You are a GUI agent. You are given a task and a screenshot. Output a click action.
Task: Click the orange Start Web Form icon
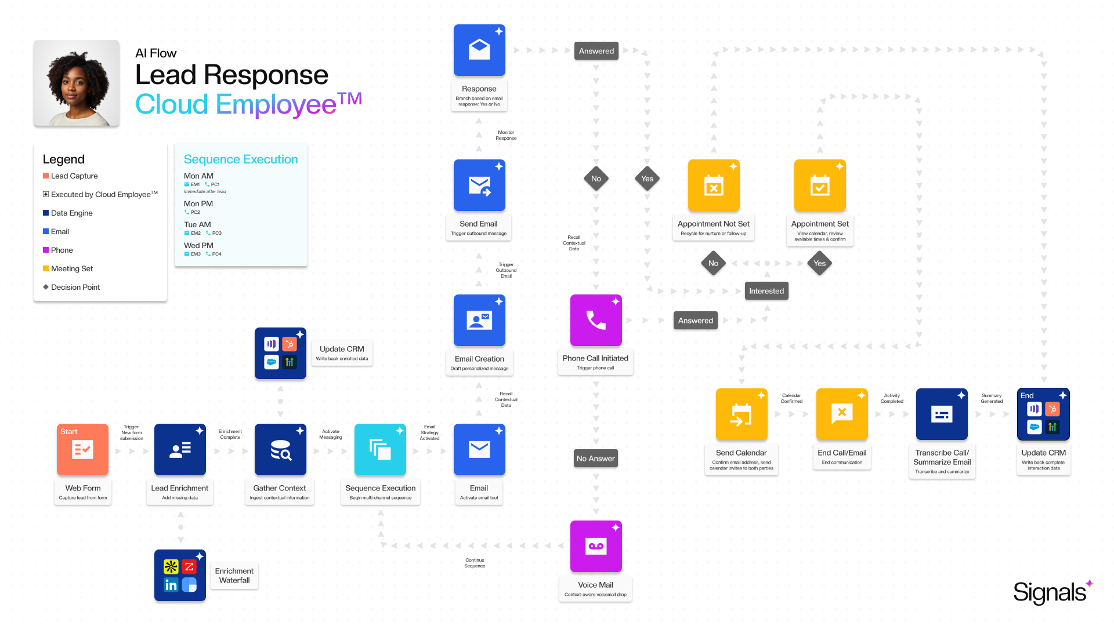(x=82, y=449)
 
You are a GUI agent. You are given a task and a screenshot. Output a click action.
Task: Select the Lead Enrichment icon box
(x=180, y=449)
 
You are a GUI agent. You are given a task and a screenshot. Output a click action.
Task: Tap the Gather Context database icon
(x=280, y=449)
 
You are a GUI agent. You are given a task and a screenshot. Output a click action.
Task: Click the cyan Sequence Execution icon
(x=380, y=449)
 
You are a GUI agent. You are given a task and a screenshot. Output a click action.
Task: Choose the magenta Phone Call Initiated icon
(x=596, y=320)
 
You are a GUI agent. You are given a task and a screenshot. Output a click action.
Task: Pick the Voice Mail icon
(x=596, y=546)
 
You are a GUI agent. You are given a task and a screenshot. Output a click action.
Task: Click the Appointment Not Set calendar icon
(x=714, y=185)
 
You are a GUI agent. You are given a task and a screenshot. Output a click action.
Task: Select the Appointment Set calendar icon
(x=820, y=185)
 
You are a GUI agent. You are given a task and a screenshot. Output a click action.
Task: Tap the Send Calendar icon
(x=742, y=414)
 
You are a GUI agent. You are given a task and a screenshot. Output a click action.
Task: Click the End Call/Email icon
(x=842, y=414)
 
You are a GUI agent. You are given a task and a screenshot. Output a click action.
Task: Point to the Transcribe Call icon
(x=942, y=414)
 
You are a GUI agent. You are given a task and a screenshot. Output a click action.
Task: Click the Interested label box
(x=766, y=291)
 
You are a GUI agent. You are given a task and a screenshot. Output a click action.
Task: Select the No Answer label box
(x=596, y=458)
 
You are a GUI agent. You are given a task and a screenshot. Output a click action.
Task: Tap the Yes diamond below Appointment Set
(x=820, y=263)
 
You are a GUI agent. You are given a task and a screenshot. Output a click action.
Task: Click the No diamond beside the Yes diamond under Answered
(x=596, y=179)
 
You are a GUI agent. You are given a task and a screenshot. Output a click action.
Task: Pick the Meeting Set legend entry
(x=71, y=268)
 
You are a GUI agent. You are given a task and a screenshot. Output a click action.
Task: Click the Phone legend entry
(x=62, y=250)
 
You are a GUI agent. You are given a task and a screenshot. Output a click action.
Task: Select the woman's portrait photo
(x=77, y=83)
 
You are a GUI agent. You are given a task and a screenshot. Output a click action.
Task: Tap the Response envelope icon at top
(x=479, y=50)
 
